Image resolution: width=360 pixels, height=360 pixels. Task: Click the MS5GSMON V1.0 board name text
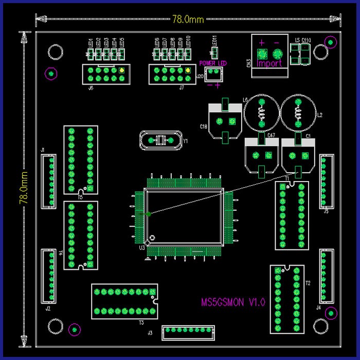(233, 302)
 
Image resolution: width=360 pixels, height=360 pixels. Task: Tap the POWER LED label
(213, 63)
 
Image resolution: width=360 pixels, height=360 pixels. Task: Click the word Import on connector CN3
(269, 64)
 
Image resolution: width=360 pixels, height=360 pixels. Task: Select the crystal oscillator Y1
(160, 140)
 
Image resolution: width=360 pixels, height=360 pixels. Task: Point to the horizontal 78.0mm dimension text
(187, 20)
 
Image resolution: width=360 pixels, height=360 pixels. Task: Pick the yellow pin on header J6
(121, 70)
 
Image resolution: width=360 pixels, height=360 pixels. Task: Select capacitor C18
(225, 121)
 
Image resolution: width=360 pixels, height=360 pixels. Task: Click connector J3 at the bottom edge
(188, 332)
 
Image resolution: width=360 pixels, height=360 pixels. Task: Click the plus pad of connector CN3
(261, 53)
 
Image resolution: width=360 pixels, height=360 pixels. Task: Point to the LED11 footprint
(214, 52)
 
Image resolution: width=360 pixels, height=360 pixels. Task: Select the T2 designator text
(308, 283)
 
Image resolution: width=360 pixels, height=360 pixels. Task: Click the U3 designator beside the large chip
(141, 248)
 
